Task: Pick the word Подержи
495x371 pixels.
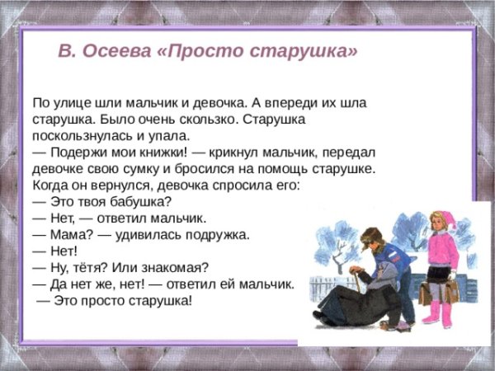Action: tap(77, 153)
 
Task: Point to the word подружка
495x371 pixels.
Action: tap(216, 235)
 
